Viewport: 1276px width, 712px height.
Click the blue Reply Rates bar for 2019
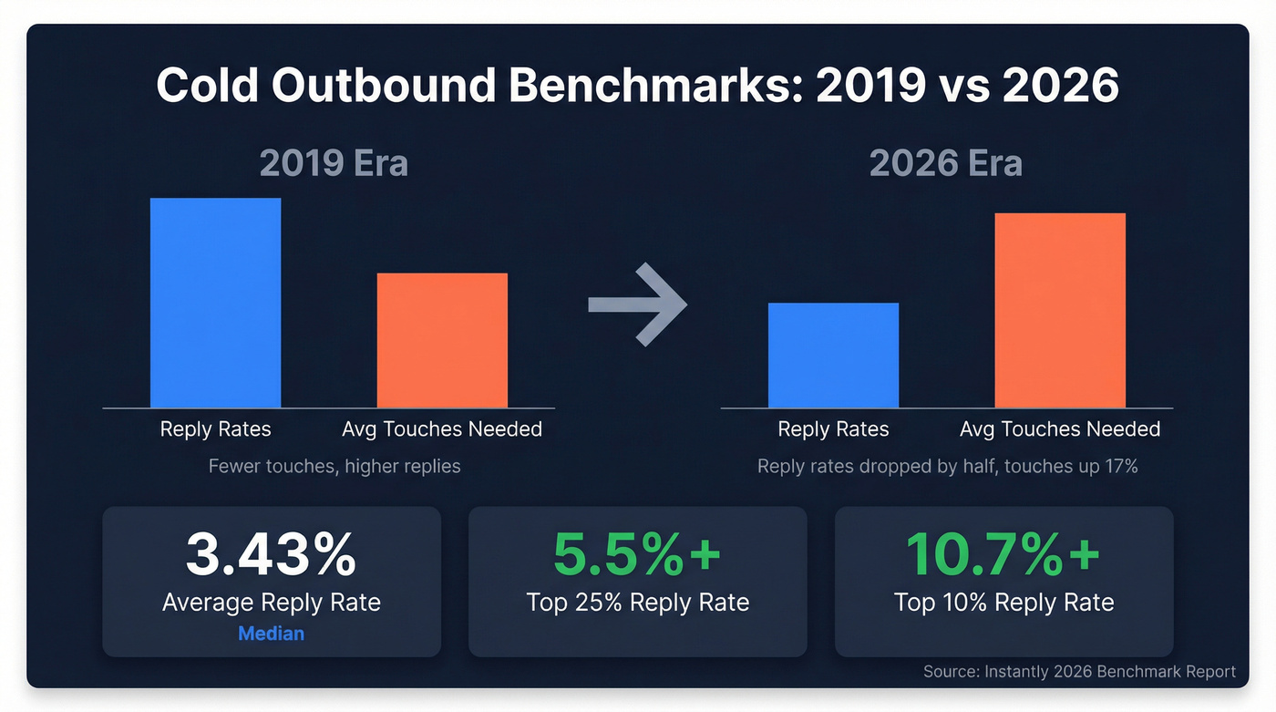coord(215,303)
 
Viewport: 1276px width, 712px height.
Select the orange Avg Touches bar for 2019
coord(442,340)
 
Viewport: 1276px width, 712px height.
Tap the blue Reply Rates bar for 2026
coord(833,356)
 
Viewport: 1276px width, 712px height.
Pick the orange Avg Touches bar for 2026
coord(1060,310)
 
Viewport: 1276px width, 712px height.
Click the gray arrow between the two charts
coord(637,304)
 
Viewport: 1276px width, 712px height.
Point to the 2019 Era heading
coord(334,164)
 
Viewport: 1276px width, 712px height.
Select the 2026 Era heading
coord(945,164)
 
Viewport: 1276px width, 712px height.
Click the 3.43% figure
coord(271,555)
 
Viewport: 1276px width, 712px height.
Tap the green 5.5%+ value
coord(637,555)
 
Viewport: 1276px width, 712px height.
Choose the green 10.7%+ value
coord(1003,555)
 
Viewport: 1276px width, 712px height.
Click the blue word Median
coord(271,633)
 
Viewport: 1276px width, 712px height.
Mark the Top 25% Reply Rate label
coord(637,603)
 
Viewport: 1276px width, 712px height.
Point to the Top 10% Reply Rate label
coord(1003,603)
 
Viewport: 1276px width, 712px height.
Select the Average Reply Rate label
coord(271,603)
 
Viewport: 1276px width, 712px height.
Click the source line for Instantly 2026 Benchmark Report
coord(1079,672)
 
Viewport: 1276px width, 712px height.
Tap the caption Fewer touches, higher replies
coord(334,467)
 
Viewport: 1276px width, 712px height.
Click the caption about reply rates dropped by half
coord(948,467)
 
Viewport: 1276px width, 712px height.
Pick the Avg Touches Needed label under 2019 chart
coord(442,429)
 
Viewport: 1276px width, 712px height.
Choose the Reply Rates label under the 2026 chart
coord(833,429)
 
